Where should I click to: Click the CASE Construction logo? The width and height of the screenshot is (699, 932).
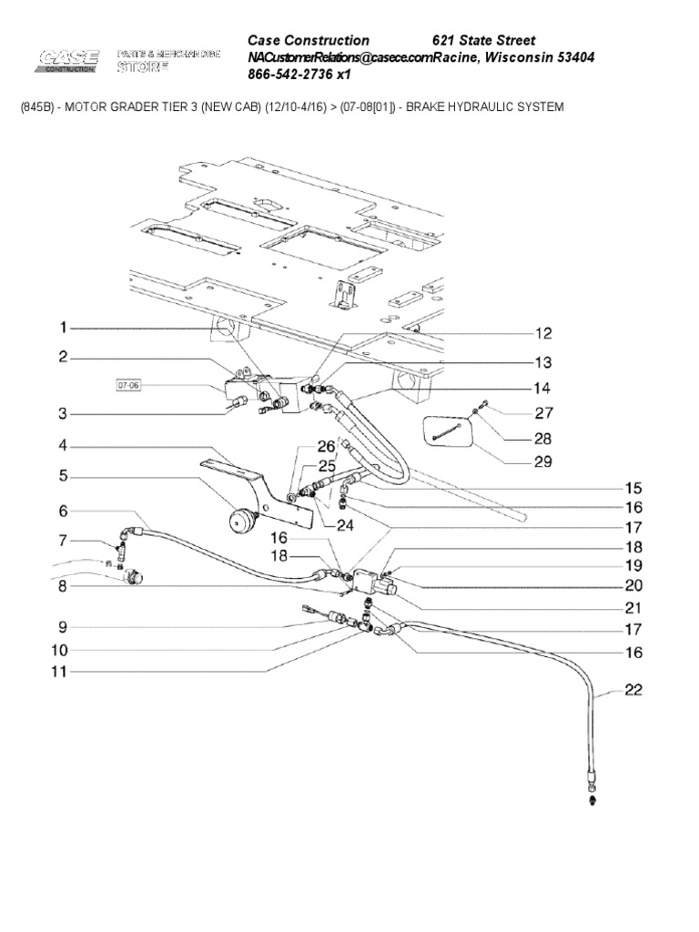coord(69,60)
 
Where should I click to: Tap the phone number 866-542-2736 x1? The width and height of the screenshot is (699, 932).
coord(299,75)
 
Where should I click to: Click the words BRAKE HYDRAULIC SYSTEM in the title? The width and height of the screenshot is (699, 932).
coord(484,107)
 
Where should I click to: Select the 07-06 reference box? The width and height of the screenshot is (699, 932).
coord(129,386)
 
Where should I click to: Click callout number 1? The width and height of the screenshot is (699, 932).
coord(64,328)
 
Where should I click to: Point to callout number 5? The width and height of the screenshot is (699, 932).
coord(64,475)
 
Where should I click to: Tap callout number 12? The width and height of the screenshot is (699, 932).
coord(542,333)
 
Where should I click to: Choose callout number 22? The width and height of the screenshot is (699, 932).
coord(633,691)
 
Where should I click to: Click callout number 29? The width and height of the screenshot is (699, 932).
coord(542,462)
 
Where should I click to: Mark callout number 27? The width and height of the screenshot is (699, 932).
coord(542,411)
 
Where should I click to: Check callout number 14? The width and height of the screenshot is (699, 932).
coord(542,386)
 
